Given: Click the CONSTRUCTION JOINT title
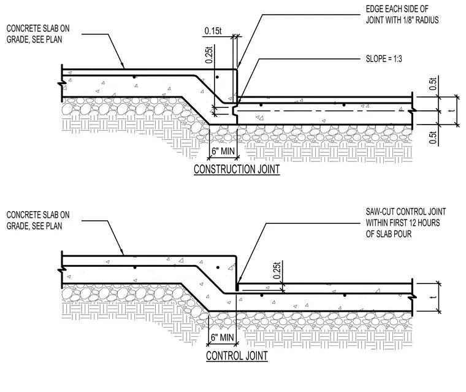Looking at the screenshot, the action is pos(237,169).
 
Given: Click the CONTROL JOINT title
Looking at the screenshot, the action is pos(237,356).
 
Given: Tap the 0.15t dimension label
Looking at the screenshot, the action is pos(213,31).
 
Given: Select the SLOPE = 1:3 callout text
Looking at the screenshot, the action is pos(384,59).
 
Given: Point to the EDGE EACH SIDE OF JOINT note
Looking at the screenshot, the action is pos(402,15).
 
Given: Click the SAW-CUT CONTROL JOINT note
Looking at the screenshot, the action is pos(406,223).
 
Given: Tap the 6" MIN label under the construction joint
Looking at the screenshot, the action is pos(223,151).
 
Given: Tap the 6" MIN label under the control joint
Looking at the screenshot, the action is pos(223,337).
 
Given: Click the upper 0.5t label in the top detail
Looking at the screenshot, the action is pos(434,84).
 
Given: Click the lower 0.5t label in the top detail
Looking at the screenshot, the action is pos(434,137).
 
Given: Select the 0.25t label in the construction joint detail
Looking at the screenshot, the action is pos(209,55).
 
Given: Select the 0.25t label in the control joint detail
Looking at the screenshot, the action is pos(277,271).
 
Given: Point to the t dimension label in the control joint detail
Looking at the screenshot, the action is pos(434,297).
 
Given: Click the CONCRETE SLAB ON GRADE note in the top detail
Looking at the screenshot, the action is pos(38,34).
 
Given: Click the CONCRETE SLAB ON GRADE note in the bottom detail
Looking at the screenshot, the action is pos(38,220).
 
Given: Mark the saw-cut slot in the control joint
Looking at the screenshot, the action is pos(237,287).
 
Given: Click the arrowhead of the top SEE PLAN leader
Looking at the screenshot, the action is pos(123,66).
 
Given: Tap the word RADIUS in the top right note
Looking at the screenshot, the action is pos(427,20).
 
